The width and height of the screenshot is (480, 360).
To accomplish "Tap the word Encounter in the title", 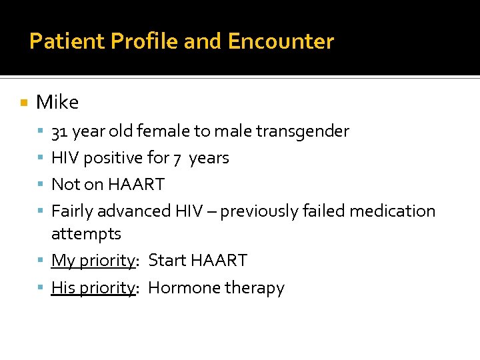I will point(281,41).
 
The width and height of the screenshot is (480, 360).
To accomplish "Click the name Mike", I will point(57,102).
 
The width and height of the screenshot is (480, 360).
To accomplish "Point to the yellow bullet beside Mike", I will point(24,103).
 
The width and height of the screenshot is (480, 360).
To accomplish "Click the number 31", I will point(59,131).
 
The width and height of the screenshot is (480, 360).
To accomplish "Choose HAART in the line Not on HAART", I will point(136,184).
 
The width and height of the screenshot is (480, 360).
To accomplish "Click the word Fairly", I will point(72,211).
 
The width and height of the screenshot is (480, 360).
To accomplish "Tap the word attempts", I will point(86,234).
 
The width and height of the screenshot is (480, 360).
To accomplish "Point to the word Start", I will point(167,260).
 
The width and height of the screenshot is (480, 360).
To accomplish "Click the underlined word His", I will point(63,288).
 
